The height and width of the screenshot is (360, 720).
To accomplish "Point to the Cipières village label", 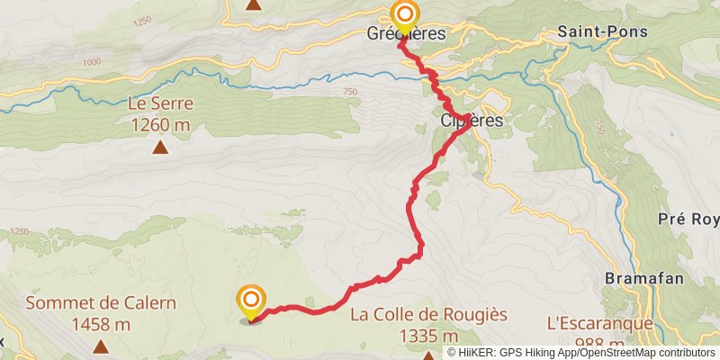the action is (472, 120).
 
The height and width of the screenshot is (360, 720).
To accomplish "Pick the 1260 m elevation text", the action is (160, 125).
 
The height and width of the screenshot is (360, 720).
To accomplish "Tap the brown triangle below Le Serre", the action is (160, 148).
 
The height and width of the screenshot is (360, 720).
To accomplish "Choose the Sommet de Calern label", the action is (100, 302).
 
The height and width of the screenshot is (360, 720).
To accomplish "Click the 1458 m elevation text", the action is (100, 323).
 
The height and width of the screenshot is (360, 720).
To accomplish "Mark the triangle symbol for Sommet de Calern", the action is (100, 346).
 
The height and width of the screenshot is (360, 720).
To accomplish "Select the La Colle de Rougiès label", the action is (428, 315).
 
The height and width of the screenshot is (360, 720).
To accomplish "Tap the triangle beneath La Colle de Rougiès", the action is (428, 354).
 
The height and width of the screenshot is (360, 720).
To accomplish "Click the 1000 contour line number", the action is (91, 62).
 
